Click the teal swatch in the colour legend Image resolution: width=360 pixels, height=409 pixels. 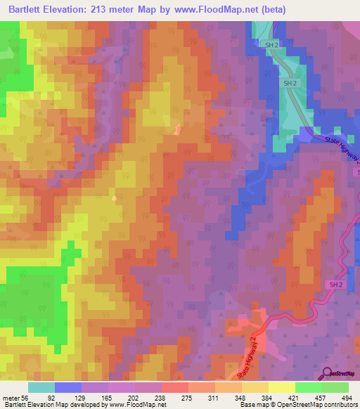point(41,388)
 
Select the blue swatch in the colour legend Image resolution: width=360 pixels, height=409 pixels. point(68,388)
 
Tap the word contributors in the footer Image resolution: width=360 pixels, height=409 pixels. point(338,405)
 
